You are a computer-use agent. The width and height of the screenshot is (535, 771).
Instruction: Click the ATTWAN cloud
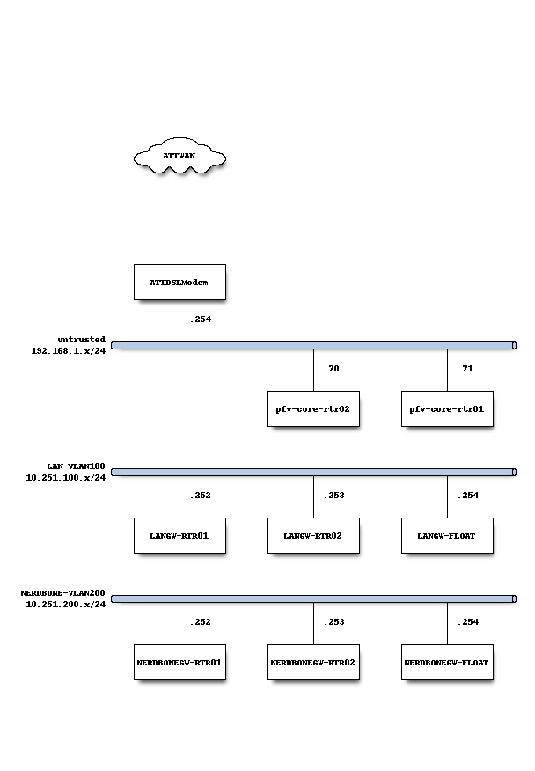180,157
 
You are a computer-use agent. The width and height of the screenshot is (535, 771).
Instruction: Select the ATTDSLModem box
180,282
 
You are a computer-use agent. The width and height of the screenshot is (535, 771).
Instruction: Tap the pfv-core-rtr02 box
313,408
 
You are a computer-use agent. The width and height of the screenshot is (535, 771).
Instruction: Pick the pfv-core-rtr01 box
447,408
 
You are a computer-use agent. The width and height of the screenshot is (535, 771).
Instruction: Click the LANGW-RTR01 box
180,535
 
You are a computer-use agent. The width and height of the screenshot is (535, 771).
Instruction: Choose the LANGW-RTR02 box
313,535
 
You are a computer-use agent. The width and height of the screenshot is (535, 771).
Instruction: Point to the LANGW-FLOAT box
447,535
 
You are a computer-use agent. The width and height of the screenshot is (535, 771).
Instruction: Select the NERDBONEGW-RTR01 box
180,662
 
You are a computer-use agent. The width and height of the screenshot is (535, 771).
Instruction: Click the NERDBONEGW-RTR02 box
313,662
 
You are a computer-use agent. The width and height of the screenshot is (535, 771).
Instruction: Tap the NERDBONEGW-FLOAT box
447,662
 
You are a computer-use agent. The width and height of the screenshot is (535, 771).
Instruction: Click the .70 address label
331,369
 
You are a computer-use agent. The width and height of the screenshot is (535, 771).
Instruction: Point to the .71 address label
465,369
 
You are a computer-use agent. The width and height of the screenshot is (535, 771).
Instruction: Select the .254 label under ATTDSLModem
200,319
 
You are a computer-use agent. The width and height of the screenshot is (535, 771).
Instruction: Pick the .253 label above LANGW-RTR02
333,496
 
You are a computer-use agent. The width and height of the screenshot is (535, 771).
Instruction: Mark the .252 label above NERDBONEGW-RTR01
200,622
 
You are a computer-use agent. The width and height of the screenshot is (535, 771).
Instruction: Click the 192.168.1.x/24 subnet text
69,350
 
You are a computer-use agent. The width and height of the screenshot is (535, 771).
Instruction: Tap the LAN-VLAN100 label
77,466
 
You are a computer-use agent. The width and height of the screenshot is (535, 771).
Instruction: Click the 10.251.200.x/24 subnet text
66,605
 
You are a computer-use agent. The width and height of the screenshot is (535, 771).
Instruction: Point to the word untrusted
82,339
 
